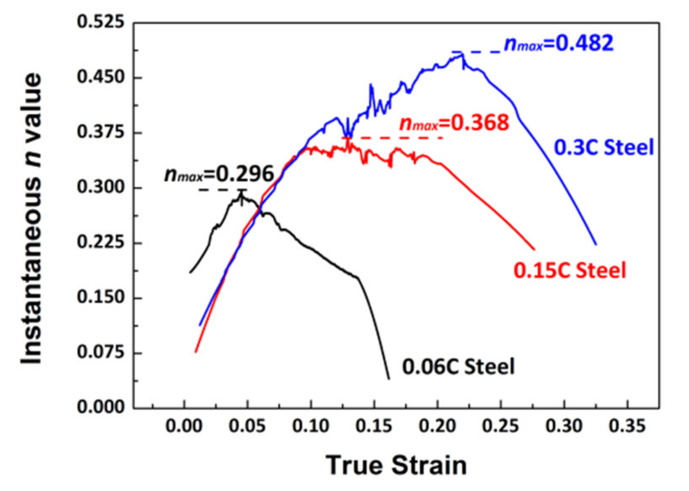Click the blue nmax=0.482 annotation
(559, 44)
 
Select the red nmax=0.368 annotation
(454, 123)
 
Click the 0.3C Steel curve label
(604, 148)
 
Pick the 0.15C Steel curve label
(570, 270)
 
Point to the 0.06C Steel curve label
(458, 367)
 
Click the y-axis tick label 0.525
(95, 22)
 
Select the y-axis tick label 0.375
(95, 132)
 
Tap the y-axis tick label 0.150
(95, 297)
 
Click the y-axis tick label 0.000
(95, 407)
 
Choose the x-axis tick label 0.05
(247, 426)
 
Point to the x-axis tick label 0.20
(438, 426)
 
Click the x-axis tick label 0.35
(627, 426)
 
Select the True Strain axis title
(396, 465)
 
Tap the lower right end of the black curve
(389, 379)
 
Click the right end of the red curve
(534, 250)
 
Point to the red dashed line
(394, 138)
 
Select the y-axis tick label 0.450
(95, 77)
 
